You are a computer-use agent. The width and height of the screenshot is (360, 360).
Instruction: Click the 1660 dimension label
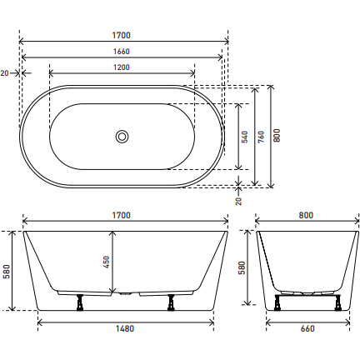click(x=122, y=52)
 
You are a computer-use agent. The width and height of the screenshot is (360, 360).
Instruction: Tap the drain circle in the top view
click(x=122, y=135)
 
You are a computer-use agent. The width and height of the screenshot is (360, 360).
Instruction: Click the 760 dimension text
click(x=261, y=135)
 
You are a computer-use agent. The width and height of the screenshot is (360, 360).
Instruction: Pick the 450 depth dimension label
click(x=107, y=261)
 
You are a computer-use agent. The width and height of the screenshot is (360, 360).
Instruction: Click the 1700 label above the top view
click(x=122, y=35)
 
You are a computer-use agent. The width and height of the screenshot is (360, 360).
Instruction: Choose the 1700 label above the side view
click(x=122, y=215)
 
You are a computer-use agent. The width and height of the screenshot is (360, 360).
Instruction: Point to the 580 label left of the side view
click(x=7, y=271)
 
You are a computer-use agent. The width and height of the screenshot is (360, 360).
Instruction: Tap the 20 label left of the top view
click(x=5, y=73)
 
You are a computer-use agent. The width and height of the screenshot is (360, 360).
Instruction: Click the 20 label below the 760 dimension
click(x=239, y=200)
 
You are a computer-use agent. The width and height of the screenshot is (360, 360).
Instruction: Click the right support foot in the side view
click(x=170, y=302)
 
